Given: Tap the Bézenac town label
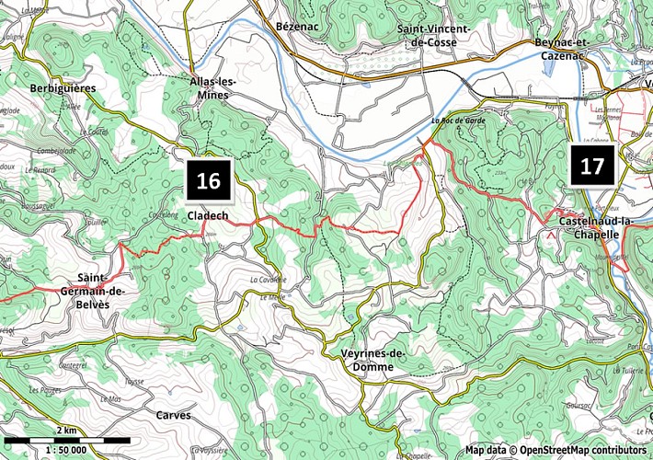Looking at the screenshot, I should coord(295,29).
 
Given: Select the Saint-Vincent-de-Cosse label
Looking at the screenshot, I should coord(433,35).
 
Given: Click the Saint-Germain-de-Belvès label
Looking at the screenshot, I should coord(101,292).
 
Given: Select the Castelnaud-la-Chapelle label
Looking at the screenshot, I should coord(597,227).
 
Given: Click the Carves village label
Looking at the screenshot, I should coord(173,415).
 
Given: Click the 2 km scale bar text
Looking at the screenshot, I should coord(65,431).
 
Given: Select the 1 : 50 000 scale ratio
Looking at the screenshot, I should coord(65,450).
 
